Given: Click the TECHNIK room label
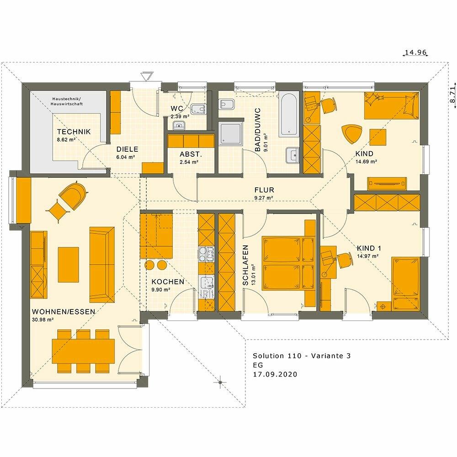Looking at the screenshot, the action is (x=74, y=132).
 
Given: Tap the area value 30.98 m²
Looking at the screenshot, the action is (x=43, y=319).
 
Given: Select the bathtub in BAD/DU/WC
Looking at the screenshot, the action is (x=288, y=114).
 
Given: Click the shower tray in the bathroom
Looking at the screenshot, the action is (x=230, y=133).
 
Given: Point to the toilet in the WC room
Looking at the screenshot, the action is (x=198, y=109).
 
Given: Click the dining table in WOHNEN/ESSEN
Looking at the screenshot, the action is (x=83, y=351).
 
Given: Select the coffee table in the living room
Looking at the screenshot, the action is (x=69, y=265).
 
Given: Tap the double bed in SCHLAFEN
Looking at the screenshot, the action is (x=288, y=264).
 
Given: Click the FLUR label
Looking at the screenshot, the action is (x=264, y=190).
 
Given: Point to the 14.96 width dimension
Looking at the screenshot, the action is (x=416, y=53).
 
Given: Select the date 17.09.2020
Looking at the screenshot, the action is (x=275, y=374).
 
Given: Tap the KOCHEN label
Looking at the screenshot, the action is (x=168, y=282).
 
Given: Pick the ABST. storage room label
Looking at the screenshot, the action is (x=191, y=154).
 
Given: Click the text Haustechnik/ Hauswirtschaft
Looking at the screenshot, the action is (x=67, y=101).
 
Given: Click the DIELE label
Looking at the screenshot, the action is (x=127, y=149).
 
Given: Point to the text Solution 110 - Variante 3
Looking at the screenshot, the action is (x=302, y=356).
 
